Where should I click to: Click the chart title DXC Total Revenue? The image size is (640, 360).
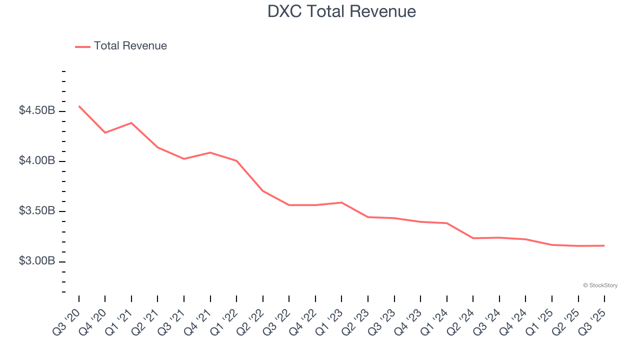(x=341, y=11)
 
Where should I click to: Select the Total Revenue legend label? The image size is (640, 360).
(x=130, y=46)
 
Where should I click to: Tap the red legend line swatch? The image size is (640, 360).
(x=82, y=46)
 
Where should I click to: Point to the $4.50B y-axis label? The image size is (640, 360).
(x=37, y=110)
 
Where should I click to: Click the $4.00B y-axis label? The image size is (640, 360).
(x=37, y=161)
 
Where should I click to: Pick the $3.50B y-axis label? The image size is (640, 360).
(x=37, y=211)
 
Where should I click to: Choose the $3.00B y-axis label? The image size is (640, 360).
(x=37, y=261)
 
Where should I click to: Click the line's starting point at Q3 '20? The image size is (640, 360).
(x=79, y=106)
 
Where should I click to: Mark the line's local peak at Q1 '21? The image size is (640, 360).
(x=131, y=122)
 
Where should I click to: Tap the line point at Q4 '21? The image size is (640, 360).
(x=210, y=152)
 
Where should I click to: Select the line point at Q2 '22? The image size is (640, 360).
(x=263, y=191)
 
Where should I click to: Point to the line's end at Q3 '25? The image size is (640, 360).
(x=604, y=245)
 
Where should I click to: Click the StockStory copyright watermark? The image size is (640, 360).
(x=600, y=285)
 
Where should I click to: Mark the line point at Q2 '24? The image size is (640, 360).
(x=473, y=238)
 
